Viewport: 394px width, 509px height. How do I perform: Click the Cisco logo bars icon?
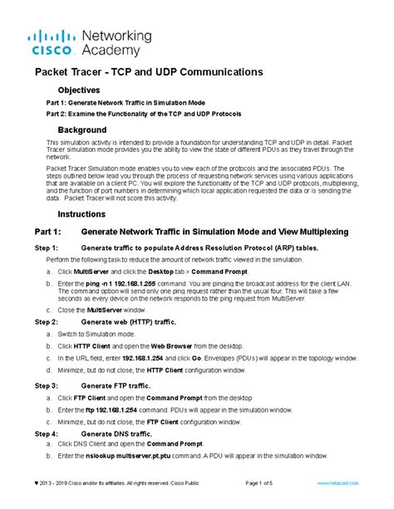click(52, 37)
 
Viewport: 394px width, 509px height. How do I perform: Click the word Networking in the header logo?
click(117, 37)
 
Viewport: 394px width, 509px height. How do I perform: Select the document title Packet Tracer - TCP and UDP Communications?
click(148, 72)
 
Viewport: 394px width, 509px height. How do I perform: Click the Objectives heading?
click(78, 90)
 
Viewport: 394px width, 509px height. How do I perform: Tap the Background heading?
click(81, 130)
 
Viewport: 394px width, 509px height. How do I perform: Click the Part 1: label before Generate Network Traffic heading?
click(47, 231)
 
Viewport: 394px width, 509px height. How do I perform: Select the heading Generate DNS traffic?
click(116, 433)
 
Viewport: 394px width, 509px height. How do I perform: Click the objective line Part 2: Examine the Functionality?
click(143, 113)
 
